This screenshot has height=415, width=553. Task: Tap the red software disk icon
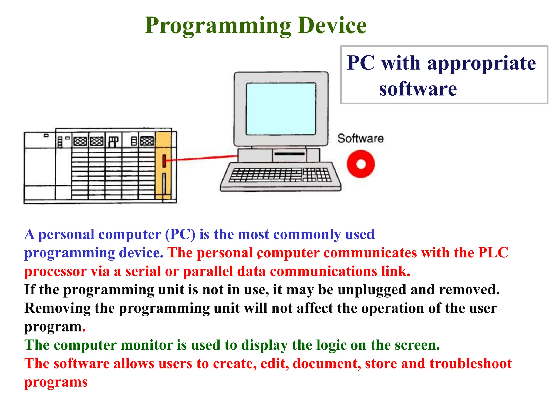pyautogui.click(x=360, y=164)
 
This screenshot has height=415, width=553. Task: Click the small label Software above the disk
pyautogui.click(x=360, y=138)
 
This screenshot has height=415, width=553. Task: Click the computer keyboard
pyautogui.click(x=280, y=176)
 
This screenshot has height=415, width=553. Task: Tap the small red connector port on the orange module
pyautogui.click(x=164, y=161)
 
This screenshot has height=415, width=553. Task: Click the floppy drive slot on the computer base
pyautogui.click(x=289, y=154)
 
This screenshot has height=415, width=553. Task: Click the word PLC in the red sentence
pyautogui.click(x=493, y=253)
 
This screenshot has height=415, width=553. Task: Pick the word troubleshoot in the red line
pyautogui.click(x=470, y=363)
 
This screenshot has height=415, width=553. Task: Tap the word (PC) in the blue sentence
pyautogui.click(x=180, y=234)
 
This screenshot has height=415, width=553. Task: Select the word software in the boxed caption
pyautogui.click(x=418, y=89)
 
